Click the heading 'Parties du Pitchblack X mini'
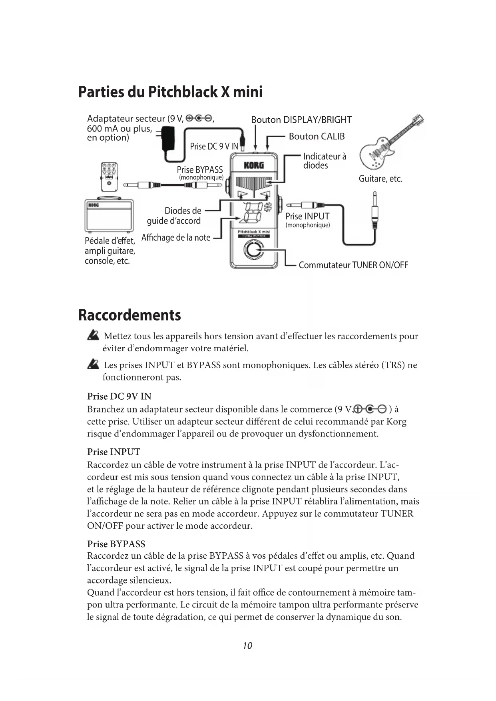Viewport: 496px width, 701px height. coord(170,92)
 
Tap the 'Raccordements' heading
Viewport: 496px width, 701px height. coord(129,315)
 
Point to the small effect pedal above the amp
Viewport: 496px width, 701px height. coord(109,176)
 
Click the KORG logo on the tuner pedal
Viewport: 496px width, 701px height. coord(253,165)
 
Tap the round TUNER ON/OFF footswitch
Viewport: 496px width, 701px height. coord(253,250)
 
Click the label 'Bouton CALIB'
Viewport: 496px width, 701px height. coord(317,137)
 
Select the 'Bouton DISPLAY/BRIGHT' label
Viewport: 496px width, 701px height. coord(301,120)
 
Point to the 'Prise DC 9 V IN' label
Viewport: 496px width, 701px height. coord(214,147)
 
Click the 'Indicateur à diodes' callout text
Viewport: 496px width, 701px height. coord(324,161)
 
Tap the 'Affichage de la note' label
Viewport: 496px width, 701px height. coord(176,237)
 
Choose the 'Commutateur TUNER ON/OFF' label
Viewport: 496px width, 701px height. coord(353,265)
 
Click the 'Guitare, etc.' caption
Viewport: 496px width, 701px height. coord(380,179)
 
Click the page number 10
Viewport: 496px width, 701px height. coord(247,645)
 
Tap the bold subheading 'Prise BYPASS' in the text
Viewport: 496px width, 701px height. coord(116,544)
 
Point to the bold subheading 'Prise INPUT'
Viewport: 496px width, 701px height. coord(114,452)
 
